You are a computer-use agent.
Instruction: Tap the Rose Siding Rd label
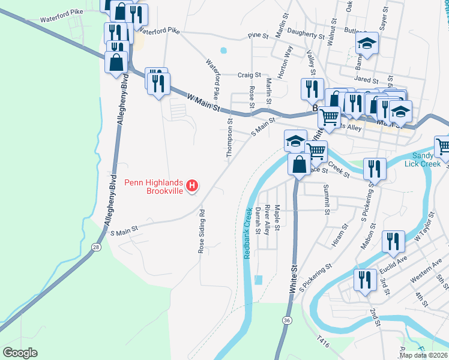point(202,231)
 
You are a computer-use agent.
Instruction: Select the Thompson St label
point(229,139)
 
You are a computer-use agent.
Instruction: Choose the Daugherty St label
point(306,35)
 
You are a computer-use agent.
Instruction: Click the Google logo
point(20,353)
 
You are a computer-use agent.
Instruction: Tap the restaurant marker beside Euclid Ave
point(394,241)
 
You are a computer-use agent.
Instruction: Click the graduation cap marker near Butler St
point(366,43)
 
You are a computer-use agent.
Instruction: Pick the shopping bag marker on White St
point(298,164)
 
